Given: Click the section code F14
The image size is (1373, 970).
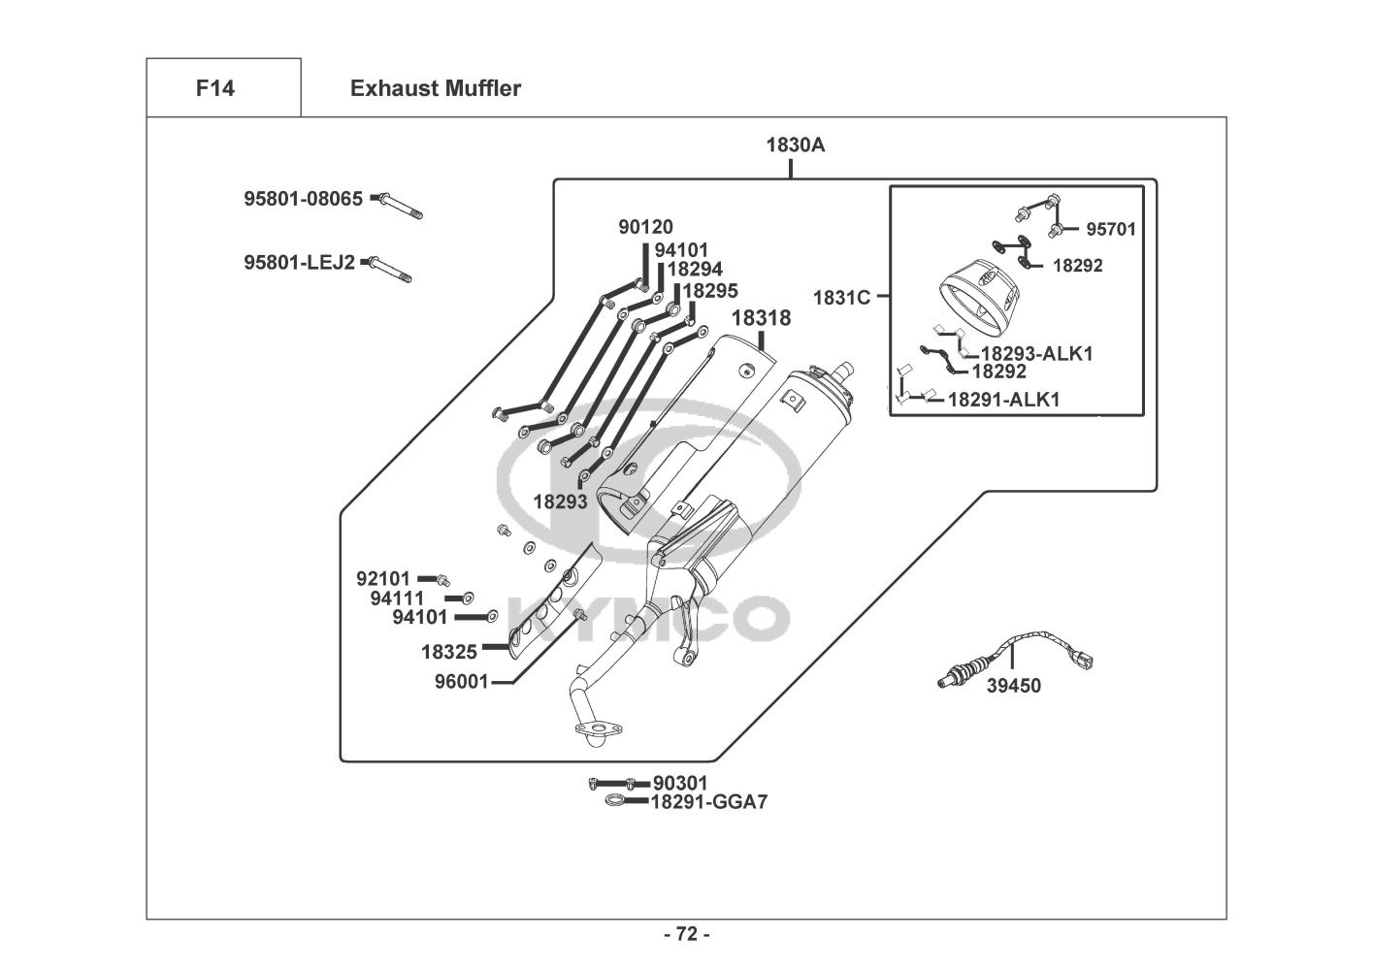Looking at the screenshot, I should pos(214,88).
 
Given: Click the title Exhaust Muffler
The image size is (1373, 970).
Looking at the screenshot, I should pos(435,88).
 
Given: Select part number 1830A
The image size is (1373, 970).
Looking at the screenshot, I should pos(795,145).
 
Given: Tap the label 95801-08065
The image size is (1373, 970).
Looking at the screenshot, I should pos(303,199).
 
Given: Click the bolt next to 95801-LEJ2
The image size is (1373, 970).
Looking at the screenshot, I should pos(390,269).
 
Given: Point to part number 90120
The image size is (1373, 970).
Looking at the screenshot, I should pos(645,227).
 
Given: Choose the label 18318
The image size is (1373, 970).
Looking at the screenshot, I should pos(761,318).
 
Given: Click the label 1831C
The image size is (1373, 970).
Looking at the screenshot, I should pos(841,298).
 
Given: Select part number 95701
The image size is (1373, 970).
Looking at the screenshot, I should pos(1110,230).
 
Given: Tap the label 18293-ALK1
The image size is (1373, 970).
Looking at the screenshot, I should pos(1036,354).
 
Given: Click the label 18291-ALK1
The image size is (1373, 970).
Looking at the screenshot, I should pos(1003,400).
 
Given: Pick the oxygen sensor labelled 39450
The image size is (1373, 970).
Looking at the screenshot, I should pos(1015,658).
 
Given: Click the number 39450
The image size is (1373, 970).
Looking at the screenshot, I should pos(1013,687).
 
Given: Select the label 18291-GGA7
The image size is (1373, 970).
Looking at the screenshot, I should pos(708,802).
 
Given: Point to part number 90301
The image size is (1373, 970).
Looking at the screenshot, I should pos(680,783).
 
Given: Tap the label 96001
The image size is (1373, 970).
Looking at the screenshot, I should pos(461,682).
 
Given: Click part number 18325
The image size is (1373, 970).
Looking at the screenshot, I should pos(448,653).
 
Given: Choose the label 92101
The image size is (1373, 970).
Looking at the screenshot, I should pos(383,579).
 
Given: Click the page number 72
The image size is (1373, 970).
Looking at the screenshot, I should pos(686,935).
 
